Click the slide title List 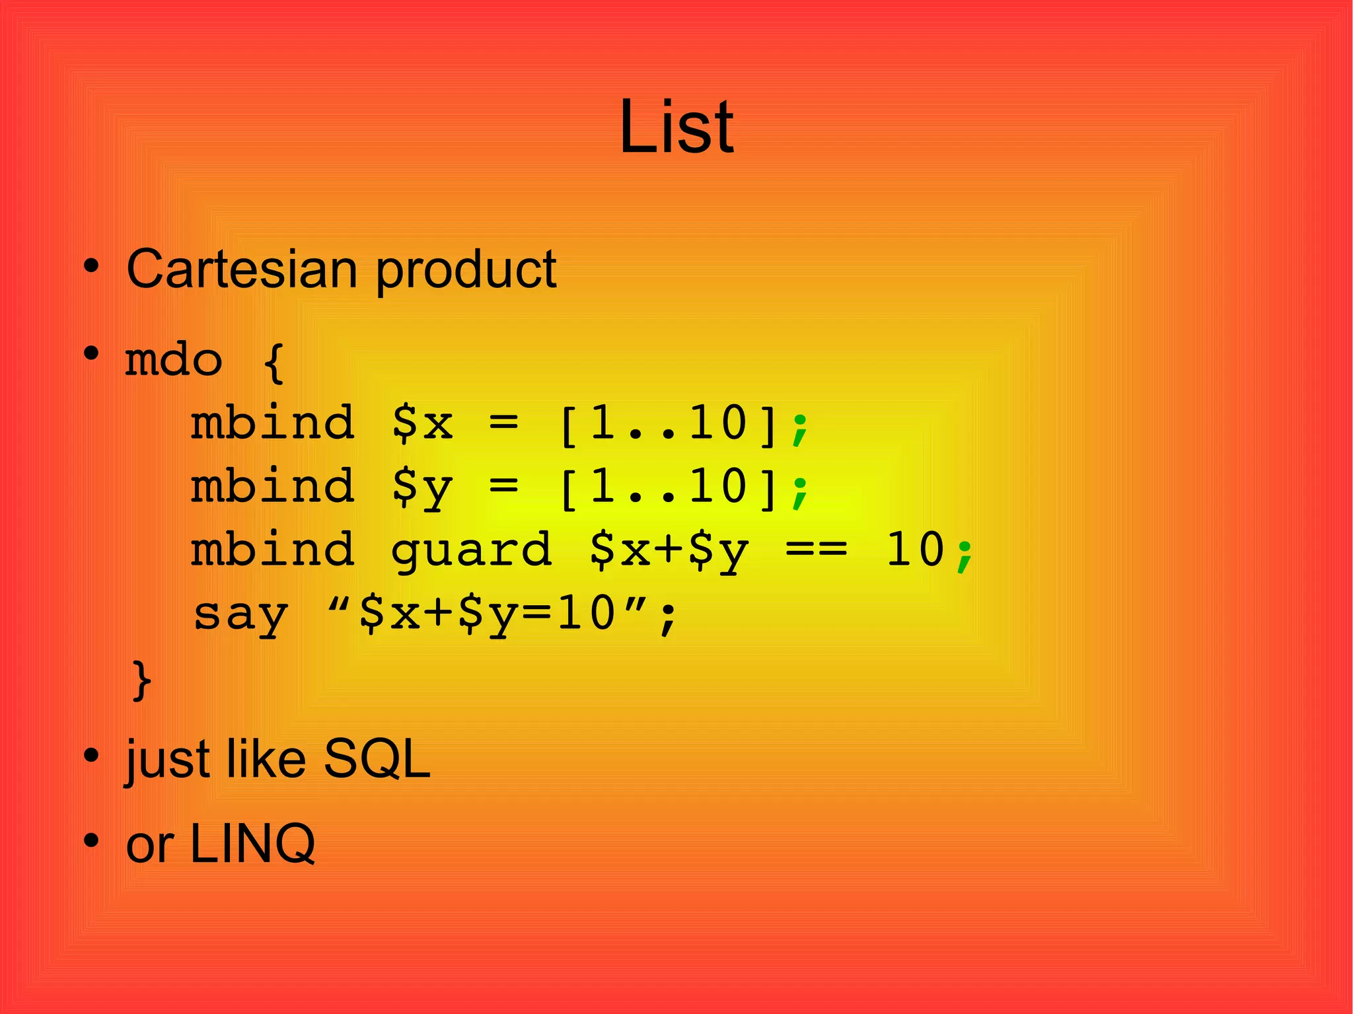coord(676,127)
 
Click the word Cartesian coord(241,270)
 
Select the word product coord(466,271)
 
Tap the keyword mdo coord(173,361)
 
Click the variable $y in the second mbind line coord(421,488)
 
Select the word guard coord(471,551)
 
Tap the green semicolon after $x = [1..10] coord(799,428)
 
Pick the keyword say coord(240,614)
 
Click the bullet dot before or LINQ coord(91,841)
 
